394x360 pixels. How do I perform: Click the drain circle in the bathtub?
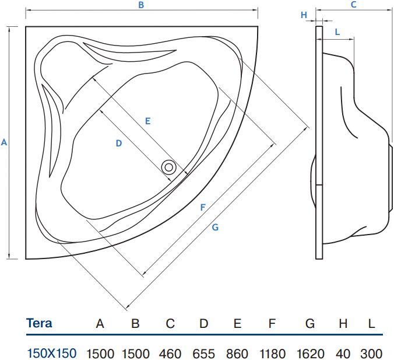(x=168, y=167)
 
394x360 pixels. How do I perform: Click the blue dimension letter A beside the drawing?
(x=4, y=142)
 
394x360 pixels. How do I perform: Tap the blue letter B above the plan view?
(x=141, y=5)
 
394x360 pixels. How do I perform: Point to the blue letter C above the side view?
(x=354, y=5)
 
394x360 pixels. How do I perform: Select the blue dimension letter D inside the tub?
(x=119, y=144)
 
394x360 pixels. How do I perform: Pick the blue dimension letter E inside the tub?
(x=148, y=121)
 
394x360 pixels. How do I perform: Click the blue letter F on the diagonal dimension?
(x=203, y=208)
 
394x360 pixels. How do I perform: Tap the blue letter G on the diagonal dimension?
(x=215, y=228)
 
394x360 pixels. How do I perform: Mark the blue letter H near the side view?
(x=304, y=15)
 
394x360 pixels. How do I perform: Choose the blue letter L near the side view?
(x=337, y=32)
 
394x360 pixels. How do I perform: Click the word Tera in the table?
(x=39, y=323)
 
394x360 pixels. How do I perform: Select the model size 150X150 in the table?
(x=52, y=353)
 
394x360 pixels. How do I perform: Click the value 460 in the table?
(x=170, y=354)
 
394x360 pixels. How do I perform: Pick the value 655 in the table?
(x=204, y=354)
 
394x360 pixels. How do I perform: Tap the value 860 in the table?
(x=237, y=354)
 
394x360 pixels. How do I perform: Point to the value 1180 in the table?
(x=272, y=354)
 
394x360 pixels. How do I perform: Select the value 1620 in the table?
(x=311, y=354)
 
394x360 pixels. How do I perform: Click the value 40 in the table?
(x=343, y=354)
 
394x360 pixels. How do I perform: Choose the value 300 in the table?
(x=372, y=354)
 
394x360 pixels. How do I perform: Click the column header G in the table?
(x=310, y=323)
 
